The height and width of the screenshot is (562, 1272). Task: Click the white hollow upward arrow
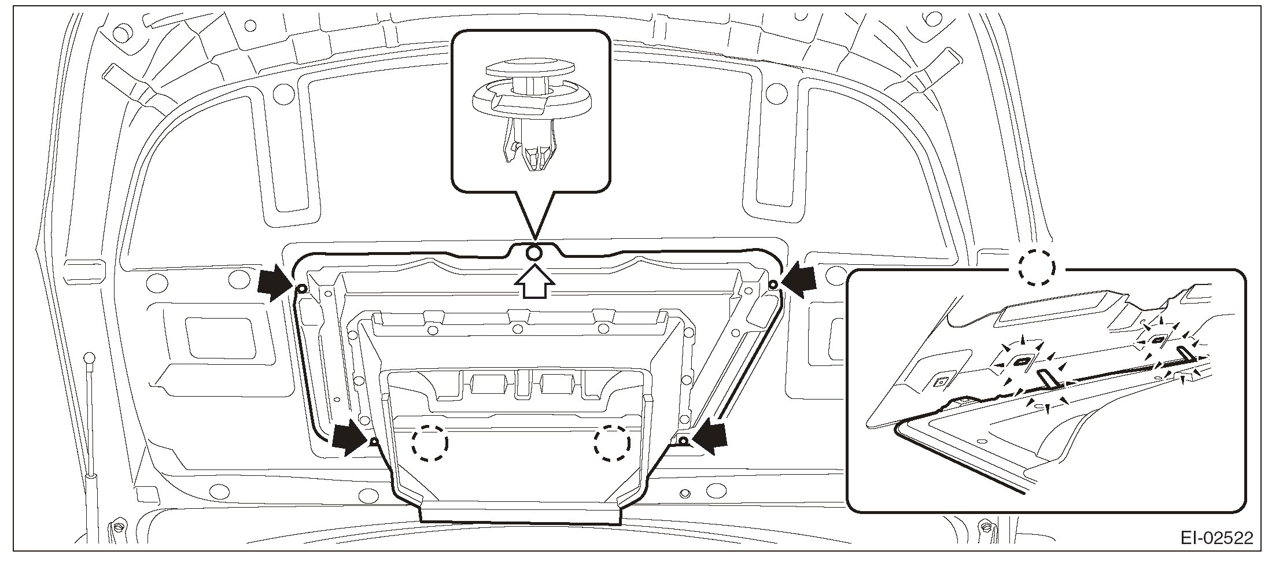point(535,282)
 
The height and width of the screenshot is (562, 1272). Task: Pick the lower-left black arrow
point(350,438)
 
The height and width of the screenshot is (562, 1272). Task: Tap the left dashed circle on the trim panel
point(430,443)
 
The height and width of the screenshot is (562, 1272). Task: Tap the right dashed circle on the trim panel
point(612,443)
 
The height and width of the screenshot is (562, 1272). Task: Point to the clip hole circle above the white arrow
point(534,253)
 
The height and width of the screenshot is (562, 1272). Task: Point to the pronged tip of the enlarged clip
point(533,159)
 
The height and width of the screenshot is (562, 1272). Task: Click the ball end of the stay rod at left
point(90,358)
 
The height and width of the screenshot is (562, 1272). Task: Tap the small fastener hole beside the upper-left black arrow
point(301,289)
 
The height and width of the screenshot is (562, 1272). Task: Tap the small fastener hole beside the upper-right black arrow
point(773,284)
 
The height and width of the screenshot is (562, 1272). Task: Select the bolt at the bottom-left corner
point(117,528)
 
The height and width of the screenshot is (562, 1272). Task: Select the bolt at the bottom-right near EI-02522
point(984,527)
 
